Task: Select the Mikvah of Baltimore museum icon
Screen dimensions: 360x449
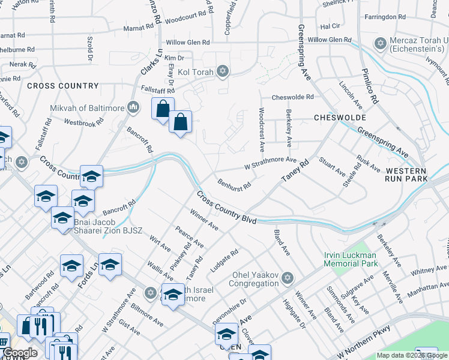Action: pos(133,108)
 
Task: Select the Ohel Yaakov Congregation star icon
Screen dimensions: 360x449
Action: pos(288,278)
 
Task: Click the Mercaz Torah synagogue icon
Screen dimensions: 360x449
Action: pos(379,43)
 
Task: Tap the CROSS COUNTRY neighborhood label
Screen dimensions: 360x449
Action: pos(62,86)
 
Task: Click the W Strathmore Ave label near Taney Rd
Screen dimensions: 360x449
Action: pos(270,163)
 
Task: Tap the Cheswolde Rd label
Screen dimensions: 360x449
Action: pos(292,97)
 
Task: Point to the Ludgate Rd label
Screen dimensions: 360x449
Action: pos(224,259)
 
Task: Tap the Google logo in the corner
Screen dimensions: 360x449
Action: pos(20,353)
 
